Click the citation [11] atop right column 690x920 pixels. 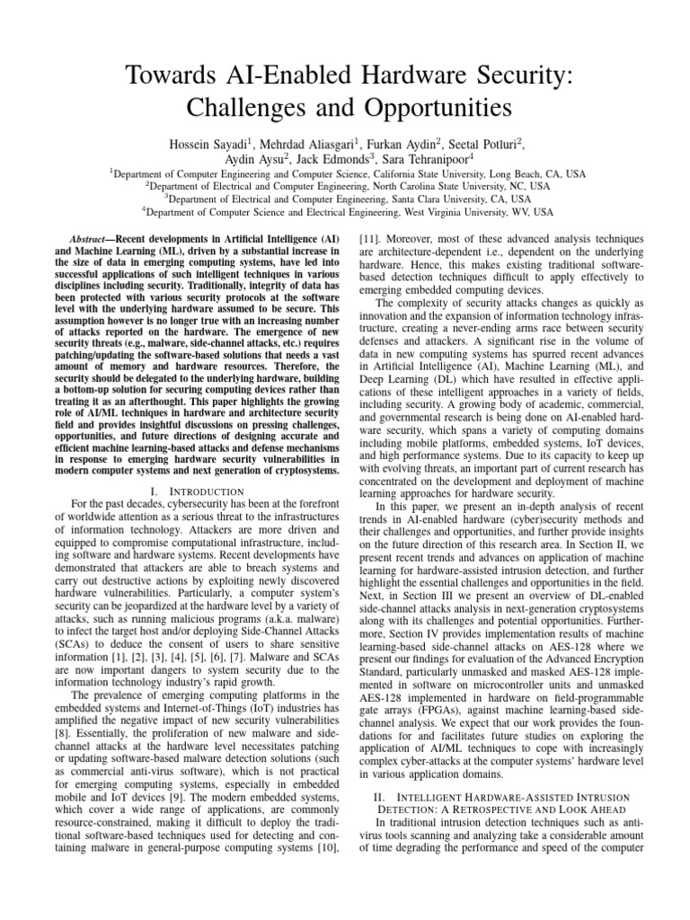tap(370, 241)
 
